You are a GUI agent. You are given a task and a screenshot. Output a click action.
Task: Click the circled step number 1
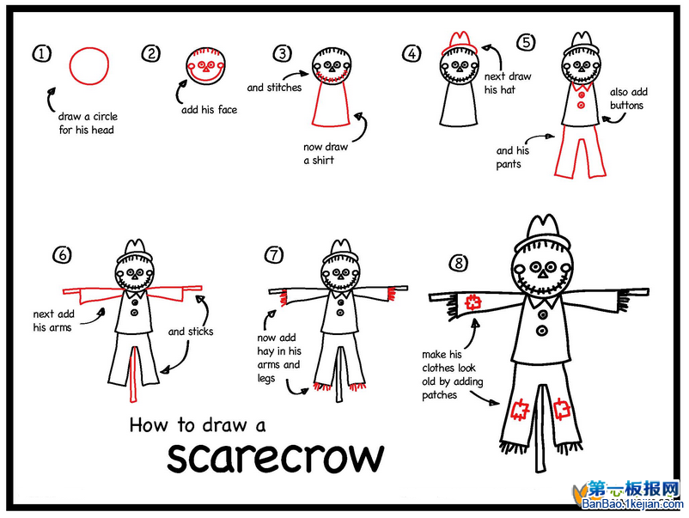[x=42, y=54]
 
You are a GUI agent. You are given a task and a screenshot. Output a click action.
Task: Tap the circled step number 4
[x=412, y=54]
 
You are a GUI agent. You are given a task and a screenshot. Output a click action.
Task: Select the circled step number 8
[x=458, y=263]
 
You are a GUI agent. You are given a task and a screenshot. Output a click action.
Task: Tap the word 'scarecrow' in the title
[x=276, y=457]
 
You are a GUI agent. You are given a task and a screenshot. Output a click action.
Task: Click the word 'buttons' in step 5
[x=626, y=106]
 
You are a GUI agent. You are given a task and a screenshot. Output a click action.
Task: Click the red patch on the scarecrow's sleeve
[x=473, y=302]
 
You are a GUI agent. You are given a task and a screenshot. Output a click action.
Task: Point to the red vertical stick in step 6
[x=133, y=375]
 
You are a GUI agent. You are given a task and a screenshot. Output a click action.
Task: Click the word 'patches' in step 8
[x=439, y=395]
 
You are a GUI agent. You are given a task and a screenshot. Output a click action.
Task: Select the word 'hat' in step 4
[x=508, y=89]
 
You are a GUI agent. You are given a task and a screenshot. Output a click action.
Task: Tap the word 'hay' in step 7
[x=265, y=352]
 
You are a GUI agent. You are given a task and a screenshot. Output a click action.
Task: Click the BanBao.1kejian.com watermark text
[x=632, y=504]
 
